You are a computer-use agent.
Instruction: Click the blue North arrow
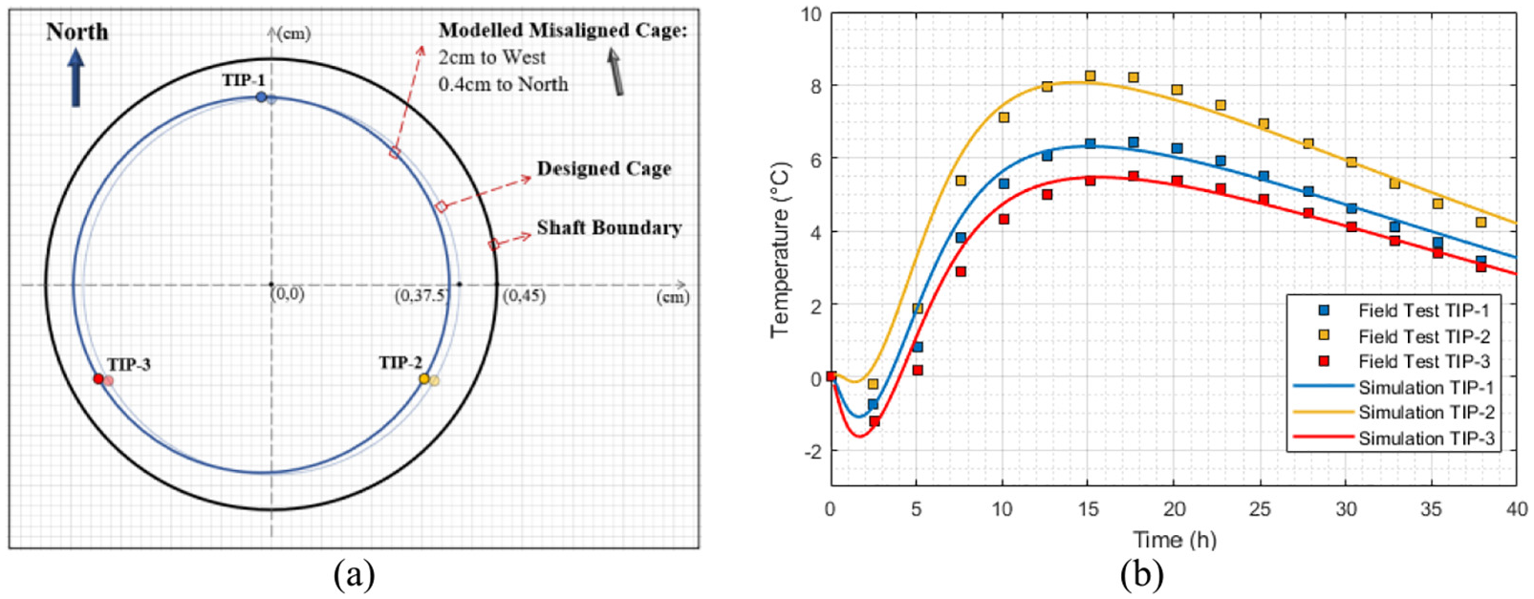coord(76,80)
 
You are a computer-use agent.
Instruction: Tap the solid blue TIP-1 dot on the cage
coord(261,97)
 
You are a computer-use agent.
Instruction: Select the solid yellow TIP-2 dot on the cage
coord(424,378)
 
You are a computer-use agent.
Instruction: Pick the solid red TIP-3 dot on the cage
coord(97,378)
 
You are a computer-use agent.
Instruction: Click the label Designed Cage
coord(603,169)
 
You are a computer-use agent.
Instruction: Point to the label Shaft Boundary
coord(609,228)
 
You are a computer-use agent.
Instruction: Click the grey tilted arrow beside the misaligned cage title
coord(615,72)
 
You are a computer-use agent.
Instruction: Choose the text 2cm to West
coord(491,56)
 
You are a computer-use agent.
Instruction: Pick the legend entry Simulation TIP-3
coord(1394,439)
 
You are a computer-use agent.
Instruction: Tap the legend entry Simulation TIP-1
coord(1394,388)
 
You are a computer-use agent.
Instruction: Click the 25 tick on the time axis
coord(1260,509)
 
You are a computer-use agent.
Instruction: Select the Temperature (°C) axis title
coord(781,250)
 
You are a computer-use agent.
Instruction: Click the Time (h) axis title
coord(1175,540)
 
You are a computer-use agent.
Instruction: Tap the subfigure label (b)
coord(1141,575)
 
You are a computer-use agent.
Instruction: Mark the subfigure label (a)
coord(354,575)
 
